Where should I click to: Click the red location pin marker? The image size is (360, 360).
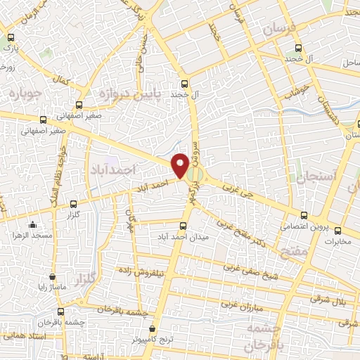(x=180, y=165)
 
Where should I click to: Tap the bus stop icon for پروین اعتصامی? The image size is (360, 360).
(x=304, y=215)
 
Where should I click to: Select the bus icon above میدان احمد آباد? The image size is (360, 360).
(x=184, y=226)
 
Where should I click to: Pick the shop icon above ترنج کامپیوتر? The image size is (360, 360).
(x=153, y=328)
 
